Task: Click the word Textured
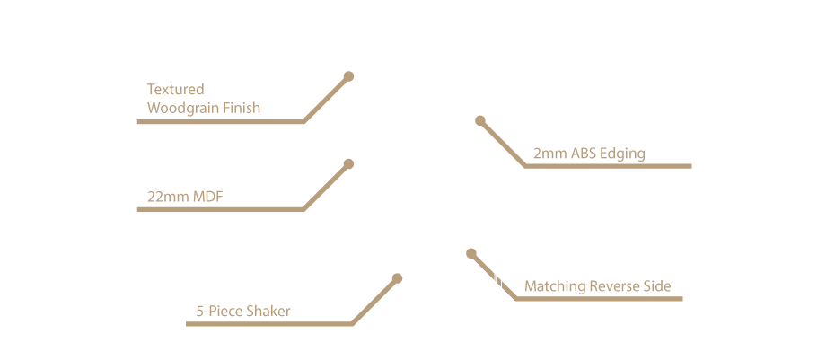[x=176, y=89]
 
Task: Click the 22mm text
[x=168, y=197]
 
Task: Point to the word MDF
[x=207, y=197]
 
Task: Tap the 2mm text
[x=550, y=154]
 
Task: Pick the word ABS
[x=583, y=154]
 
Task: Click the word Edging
[x=622, y=154]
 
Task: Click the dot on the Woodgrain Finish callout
[x=348, y=76]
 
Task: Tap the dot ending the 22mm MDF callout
[x=348, y=164]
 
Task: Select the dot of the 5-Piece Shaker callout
[x=397, y=278]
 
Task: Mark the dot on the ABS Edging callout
[x=479, y=120]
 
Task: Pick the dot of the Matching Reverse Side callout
[x=470, y=253]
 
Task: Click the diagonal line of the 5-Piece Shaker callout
[x=374, y=301]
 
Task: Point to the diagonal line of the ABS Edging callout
[x=503, y=144]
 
